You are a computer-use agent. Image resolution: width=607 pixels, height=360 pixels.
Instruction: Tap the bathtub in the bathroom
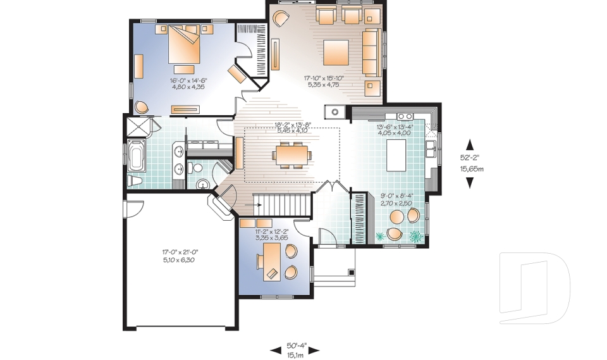[x=137, y=156]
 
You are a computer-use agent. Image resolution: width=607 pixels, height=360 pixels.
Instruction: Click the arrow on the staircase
[x=257, y=204]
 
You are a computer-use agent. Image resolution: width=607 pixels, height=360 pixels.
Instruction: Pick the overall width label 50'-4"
[x=295, y=345]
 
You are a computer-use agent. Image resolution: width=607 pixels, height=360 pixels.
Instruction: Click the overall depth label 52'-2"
[x=470, y=159]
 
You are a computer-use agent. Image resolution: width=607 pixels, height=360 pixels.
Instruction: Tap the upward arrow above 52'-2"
[x=470, y=143]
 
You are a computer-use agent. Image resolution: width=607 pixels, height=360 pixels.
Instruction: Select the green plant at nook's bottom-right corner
[x=416, y=237]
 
